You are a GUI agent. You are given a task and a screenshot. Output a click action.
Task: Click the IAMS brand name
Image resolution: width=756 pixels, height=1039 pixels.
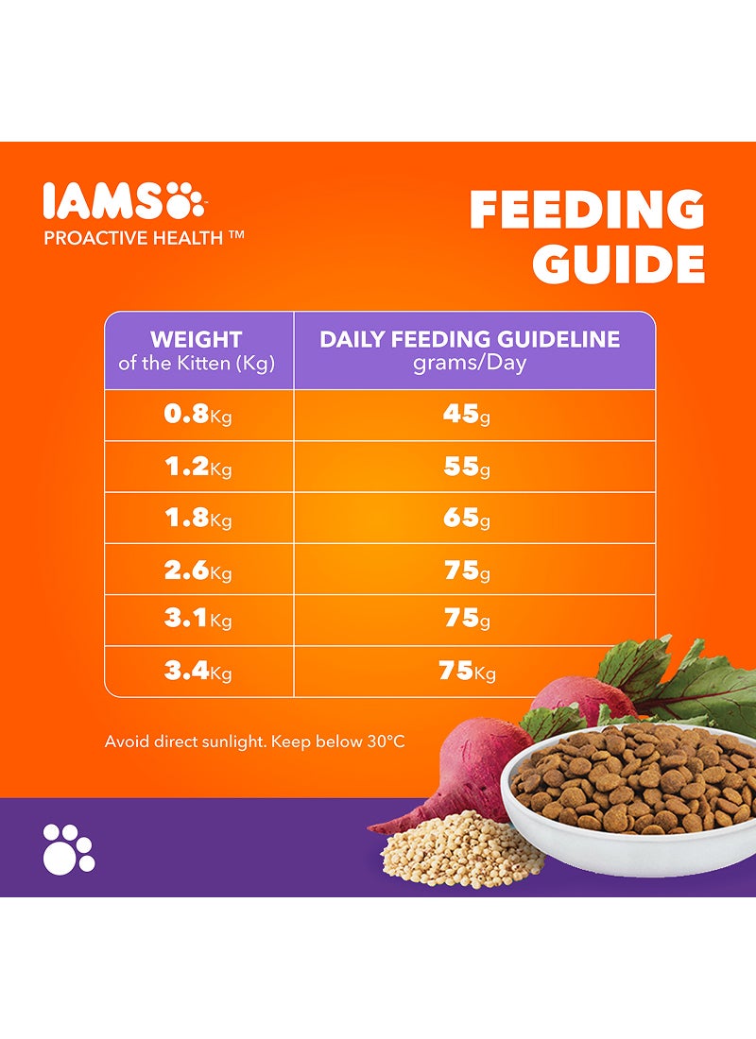coord(101,202)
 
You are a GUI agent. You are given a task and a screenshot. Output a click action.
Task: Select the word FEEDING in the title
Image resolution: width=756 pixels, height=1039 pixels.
coord(587,210)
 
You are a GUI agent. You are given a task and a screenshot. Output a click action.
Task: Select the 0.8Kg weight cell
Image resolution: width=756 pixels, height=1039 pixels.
coord(198,416)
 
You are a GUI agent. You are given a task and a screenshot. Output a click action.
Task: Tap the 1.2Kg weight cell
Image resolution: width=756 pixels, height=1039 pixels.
coord(198,467)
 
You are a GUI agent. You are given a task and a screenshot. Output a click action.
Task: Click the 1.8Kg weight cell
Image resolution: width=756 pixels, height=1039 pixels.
coord(198,518)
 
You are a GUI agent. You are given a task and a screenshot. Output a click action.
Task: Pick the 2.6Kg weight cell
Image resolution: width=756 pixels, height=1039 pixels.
coord(198,570)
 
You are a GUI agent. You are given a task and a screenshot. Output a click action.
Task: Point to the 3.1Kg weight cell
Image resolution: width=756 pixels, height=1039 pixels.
coord(198,621)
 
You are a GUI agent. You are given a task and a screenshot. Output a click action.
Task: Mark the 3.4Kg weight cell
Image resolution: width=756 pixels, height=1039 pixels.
coord(198,672)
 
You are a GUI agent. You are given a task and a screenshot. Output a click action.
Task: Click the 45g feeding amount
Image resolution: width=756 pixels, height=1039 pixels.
coord(466,416)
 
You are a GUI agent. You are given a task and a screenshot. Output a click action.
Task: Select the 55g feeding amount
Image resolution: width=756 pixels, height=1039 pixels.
coord(466,467)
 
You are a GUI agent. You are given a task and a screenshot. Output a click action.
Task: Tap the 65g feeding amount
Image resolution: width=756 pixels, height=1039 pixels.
coord(466,518)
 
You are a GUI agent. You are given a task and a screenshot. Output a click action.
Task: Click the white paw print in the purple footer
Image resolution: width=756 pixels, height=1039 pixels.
coord(68,847)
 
